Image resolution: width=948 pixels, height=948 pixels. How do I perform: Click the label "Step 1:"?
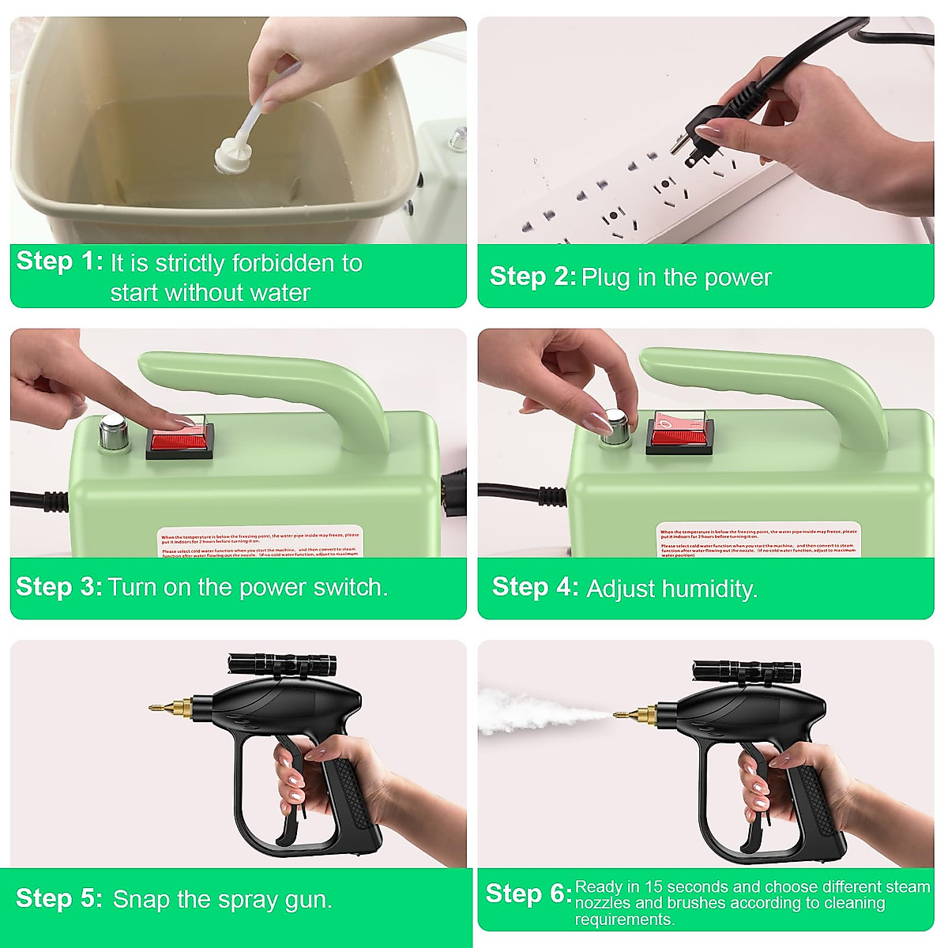pos(59,261)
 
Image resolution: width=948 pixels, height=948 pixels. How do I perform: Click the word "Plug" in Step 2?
pos(606,277)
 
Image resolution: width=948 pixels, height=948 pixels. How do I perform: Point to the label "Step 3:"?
pos(59,586)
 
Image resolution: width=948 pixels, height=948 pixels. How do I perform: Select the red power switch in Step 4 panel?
pos(680,433)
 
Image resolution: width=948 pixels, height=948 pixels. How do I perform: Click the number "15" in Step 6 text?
pos(653,887)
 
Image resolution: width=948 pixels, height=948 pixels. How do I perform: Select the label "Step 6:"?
pos(528,893)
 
